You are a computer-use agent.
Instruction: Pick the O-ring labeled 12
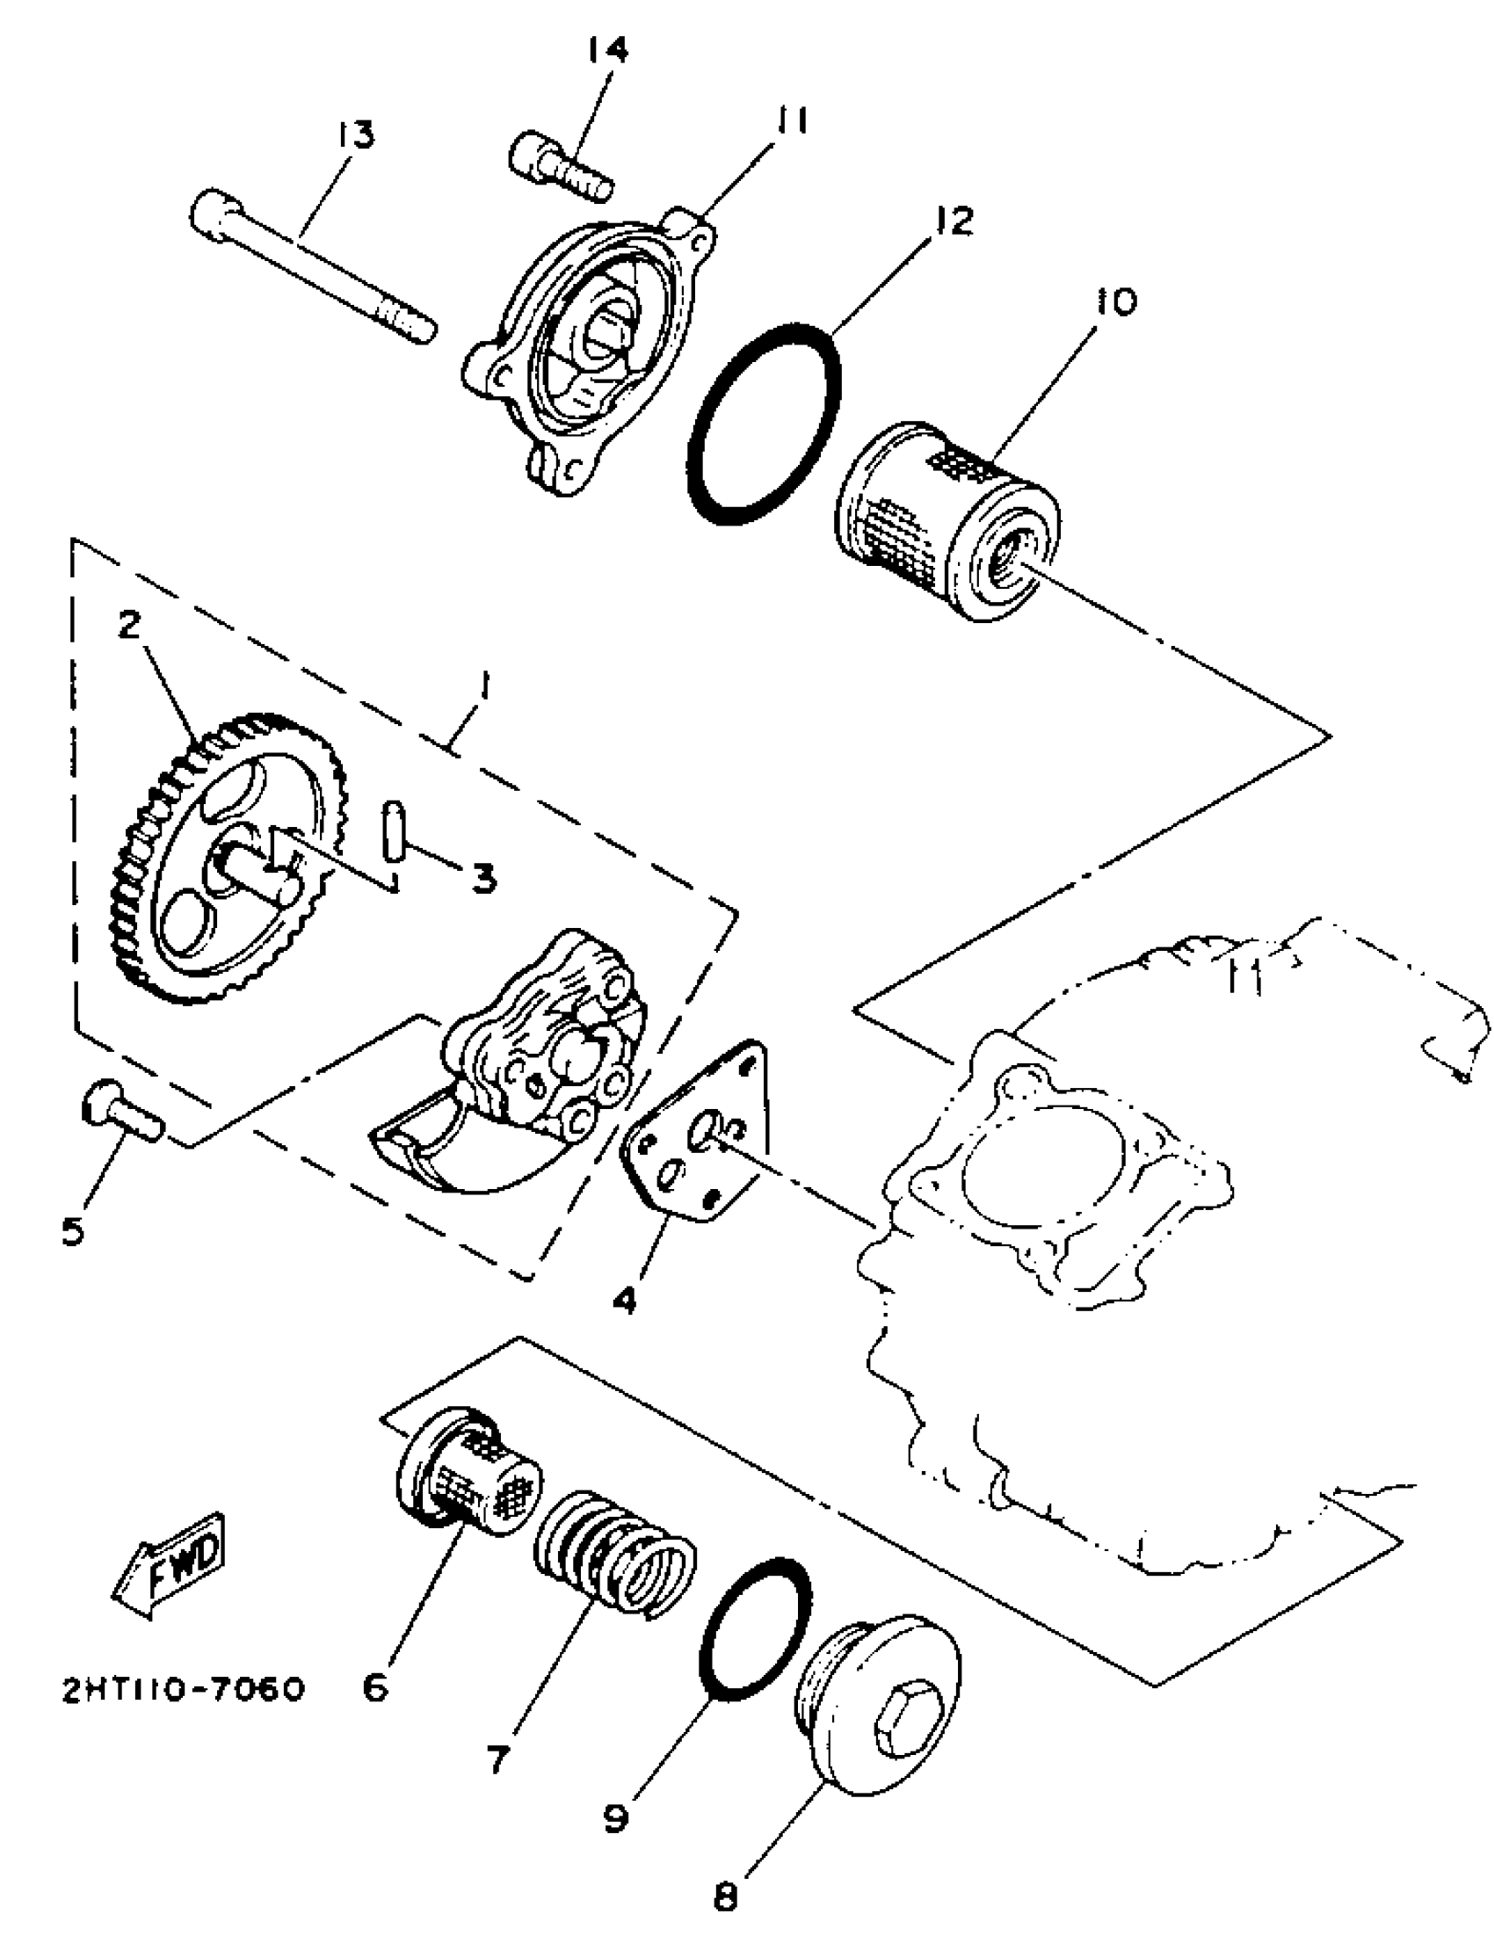coord(764,424)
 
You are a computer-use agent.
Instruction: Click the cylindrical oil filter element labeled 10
coord(947,520)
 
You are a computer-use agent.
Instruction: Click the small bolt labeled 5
coord(122,1108)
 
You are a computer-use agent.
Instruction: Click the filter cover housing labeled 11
coord(590,350)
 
